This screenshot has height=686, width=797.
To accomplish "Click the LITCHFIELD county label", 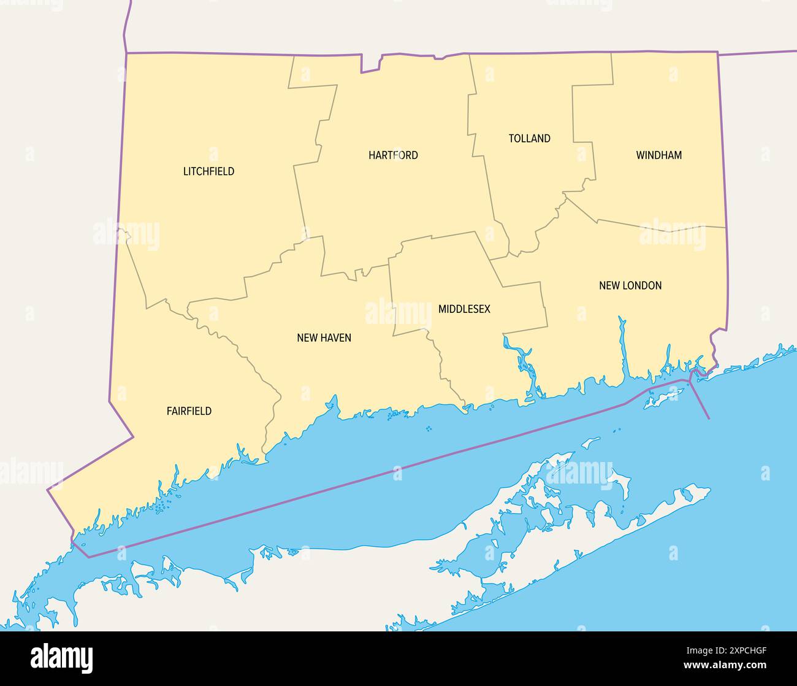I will click(208, 171).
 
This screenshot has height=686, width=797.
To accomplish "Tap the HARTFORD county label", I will click(393, 155).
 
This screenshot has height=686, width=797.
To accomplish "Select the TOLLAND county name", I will click(529, 139).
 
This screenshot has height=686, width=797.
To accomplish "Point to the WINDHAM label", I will click(658, 155).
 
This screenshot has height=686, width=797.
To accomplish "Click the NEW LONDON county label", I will click(630, 285).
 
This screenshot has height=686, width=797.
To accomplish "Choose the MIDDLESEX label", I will click(464, 309).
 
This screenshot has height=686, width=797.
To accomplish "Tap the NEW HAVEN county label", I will click(324, 337).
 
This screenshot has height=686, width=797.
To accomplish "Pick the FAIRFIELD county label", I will click(189, 411).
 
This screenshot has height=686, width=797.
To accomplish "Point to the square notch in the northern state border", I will click(370, 63).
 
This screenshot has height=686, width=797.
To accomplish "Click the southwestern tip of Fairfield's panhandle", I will click(49, 490).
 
